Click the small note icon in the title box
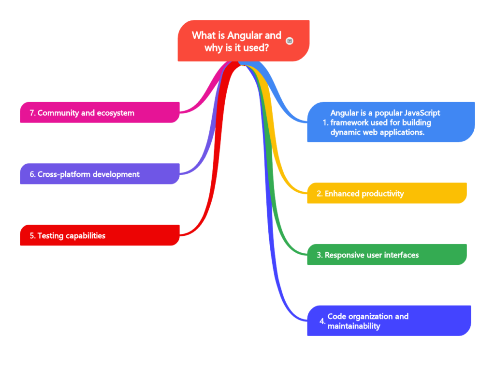290,41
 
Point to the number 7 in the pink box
31,113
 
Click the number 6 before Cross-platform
31,174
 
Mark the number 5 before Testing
31,236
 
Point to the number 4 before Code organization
322,321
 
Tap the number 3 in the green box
319,255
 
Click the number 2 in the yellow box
319,194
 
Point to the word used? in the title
256,48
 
